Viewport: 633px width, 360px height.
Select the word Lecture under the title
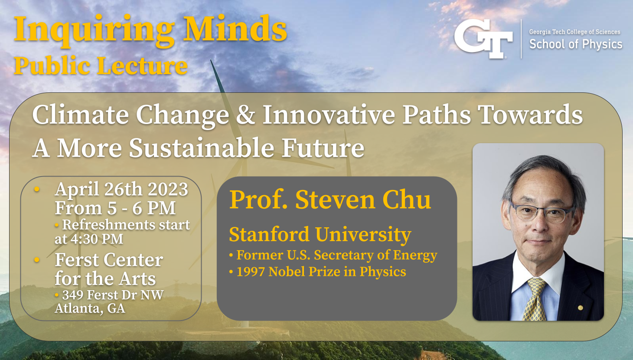point(142,66)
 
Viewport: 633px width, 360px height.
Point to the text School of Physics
point(575,44)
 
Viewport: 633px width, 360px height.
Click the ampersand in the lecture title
point(246,115)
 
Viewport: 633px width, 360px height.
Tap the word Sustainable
point(201,148)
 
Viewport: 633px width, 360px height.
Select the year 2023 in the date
point(168,189)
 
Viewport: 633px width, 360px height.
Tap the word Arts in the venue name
point(137,278)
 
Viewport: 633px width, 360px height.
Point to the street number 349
point(72,295)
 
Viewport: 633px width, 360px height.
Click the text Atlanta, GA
point(90,308)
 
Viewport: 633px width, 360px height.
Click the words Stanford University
point(320,235)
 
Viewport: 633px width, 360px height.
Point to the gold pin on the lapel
point(580,308)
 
